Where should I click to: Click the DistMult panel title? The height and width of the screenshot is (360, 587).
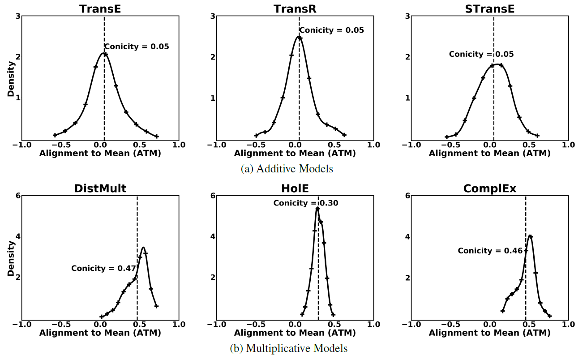pyautogui.click(x=100, y=189)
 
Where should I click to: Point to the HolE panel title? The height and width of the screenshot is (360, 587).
pyautogui.click(x=294, y=189)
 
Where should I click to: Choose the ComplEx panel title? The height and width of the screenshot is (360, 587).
pyautogui.click(x=489, y=189)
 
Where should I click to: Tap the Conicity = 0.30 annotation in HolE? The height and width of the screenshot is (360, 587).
pyautogui.click(x=306, y=203)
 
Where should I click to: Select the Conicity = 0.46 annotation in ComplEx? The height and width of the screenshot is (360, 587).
pyautogui.click(x=490, y=251)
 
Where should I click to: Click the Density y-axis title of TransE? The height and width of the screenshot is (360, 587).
pyautogui.click(x=11, y=79)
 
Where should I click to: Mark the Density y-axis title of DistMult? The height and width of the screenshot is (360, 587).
pyautogui.click(x=11, y=258)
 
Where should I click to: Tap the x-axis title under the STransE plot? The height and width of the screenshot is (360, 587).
pyautogui.click(x=489, y=154)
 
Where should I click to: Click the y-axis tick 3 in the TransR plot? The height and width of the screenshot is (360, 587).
pyautogui.click(x=213, y=17)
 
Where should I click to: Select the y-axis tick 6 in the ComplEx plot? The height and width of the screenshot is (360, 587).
pyautogui.click(x=408, y=196)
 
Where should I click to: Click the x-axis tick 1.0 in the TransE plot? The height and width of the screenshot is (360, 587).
pyautogui.click(x=179, y=145)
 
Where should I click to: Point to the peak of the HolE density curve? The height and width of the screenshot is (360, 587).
pyautogui.click(x=317, y=208)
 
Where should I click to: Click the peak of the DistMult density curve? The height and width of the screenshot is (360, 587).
pyautogui.click(x=143, y=248)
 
